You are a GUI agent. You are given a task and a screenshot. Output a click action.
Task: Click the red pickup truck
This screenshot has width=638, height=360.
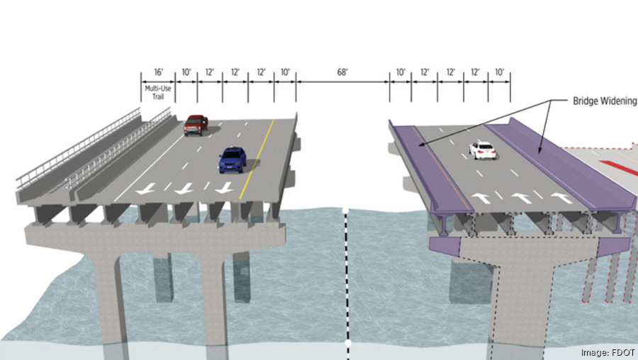tap(196, 125)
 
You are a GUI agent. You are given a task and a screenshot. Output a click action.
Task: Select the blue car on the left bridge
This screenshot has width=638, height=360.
tap(233, 159)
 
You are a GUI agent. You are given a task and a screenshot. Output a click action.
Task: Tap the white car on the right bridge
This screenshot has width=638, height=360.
tap(482, 150)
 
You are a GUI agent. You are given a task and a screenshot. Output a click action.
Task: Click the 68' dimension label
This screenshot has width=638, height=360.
tap(342, 73)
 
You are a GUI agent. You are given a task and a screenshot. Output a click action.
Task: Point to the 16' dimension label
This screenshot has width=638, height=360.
tap(158, 73)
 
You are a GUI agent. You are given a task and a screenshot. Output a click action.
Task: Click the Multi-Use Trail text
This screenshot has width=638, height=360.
tap(158, 92)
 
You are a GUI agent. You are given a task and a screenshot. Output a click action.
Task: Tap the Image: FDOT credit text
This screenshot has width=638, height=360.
tap(607, 352)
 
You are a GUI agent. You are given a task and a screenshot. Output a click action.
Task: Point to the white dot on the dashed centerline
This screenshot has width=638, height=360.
tap(347, 343)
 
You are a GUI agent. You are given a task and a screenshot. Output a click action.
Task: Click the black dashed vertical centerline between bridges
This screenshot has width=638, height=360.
tap(347, 276)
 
